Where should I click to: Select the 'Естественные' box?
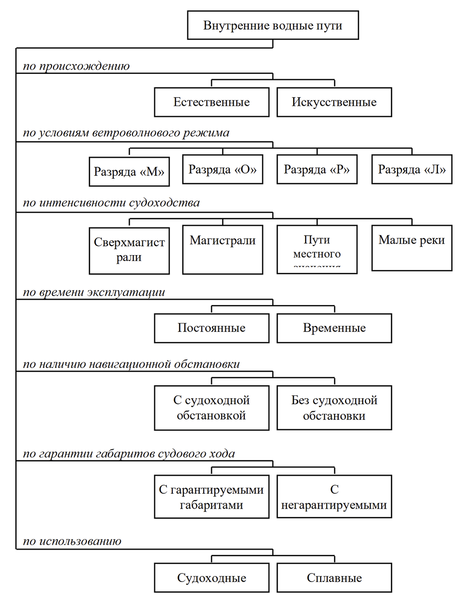pos(212,102)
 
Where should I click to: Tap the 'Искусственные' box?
pos(334,102)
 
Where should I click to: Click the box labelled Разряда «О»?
pos(222,169)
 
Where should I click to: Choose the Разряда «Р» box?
pos(317,169)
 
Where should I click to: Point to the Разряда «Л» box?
pos(412,169)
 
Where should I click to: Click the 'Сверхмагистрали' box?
pos(129,251)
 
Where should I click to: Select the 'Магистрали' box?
pos(222,249)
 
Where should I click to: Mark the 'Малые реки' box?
pos(412,248)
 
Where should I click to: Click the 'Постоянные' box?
pos(212,328)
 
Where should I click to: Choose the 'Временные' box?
pos(334,328)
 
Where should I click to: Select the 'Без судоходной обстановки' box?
pos(334,408)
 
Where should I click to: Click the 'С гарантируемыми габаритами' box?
pos(212,497)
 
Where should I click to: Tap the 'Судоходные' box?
pos(212,579)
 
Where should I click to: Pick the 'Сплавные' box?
pos(334,579)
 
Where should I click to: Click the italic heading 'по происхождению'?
pos(76,66)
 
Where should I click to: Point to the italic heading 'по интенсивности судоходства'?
pos(111,203)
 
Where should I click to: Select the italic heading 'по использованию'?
pos(72,541)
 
